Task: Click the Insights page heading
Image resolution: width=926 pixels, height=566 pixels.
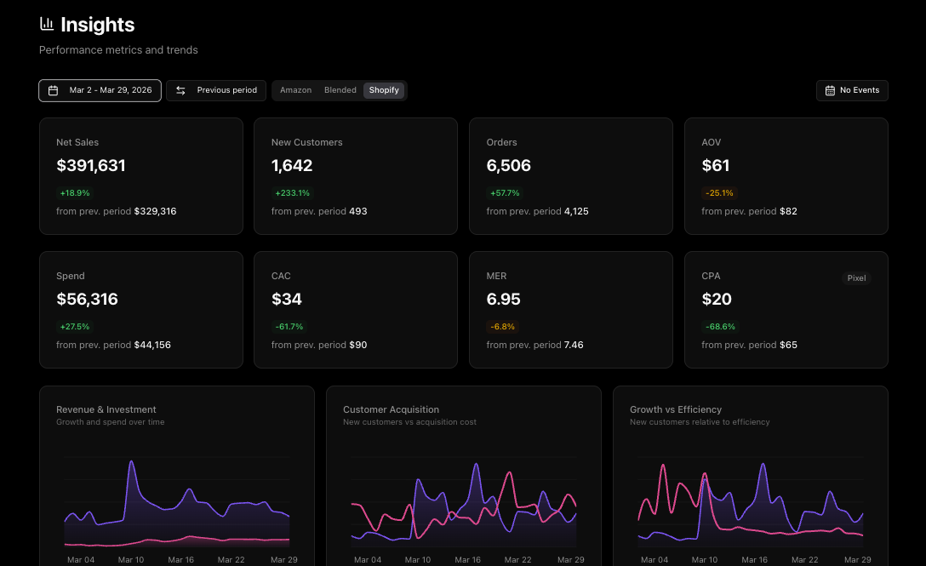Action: point(97,26)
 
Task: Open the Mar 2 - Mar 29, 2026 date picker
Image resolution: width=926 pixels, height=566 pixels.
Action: point(100,90)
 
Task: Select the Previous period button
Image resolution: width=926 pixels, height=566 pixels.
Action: point(216,90)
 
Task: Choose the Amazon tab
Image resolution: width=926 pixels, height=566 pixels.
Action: point(295,90)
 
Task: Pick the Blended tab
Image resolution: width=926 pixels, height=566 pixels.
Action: point(340,90)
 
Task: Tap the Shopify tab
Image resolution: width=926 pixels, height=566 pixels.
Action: point(384,90)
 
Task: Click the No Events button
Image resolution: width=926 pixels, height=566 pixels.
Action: point(852,90)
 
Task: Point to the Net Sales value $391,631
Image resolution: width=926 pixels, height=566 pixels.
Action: point(91,166)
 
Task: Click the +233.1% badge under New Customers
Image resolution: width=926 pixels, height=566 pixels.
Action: point(292,193)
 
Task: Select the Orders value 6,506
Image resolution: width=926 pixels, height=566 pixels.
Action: point(509,166)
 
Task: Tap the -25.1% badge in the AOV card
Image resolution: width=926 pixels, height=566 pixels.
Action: point(719,193)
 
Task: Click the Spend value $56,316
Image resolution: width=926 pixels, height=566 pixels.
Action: point(88,300)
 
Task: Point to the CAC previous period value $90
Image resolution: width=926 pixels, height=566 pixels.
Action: point(358,346)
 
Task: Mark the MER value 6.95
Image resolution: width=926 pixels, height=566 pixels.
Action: point(504,300)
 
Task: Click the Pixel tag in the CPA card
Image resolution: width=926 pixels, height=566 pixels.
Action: point(857,278)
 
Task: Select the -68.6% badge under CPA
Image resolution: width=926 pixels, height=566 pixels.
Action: point(720,327)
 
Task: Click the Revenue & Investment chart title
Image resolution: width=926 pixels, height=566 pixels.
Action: point(106,409)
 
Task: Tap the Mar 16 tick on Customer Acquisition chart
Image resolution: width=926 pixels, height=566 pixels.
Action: point(468,560)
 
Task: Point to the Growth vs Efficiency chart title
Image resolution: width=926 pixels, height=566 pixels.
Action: point(676,409)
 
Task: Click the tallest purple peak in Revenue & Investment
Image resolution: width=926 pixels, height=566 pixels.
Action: point(132,462)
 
